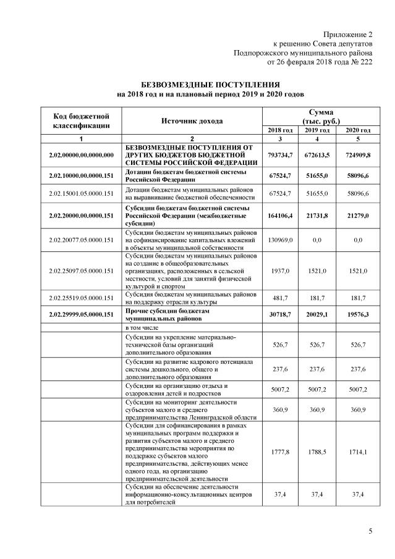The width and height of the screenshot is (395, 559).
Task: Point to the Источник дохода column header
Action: click(192, 121)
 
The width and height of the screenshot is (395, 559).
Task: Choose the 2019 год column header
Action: click(317, 130)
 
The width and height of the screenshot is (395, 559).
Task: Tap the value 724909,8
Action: click(357, 154)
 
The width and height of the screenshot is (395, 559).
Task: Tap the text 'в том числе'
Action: click(143, 327)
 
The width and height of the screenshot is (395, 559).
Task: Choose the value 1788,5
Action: click(317, 452)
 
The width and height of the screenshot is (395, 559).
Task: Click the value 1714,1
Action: click(357, 452)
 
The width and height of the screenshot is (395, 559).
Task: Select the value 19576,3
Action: click(357, 314)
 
